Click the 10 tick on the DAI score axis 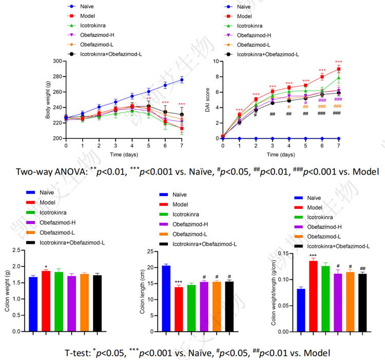click(x=216, y=61)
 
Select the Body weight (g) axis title click(x=48, y=100)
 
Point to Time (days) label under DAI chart click(x=280, y=155)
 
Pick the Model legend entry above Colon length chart click(x=187, y=204)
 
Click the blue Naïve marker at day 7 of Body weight click(x=182, y=80)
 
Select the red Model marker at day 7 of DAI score click(x=338, y=69)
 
